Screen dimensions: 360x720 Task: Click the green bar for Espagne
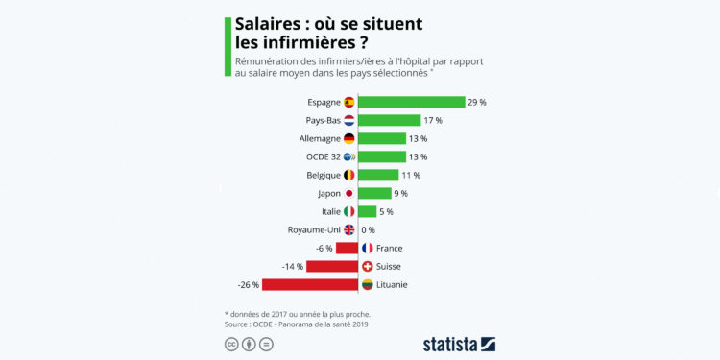411,102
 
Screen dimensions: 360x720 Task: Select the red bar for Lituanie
309,284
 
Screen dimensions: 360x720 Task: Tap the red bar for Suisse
332,266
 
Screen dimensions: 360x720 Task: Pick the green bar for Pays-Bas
389,120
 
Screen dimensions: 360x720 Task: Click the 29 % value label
477,102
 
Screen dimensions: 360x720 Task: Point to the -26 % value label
248,284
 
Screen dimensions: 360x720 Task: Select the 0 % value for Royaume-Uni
368,229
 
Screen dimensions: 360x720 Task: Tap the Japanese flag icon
349,193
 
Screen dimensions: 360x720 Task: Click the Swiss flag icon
367,266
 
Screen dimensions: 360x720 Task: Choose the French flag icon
367,248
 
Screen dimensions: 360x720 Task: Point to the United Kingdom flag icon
349,229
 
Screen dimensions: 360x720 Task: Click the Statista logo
459,344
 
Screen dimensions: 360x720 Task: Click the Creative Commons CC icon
230,345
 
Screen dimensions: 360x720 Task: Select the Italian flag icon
349,211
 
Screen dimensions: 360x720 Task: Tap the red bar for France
347,248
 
